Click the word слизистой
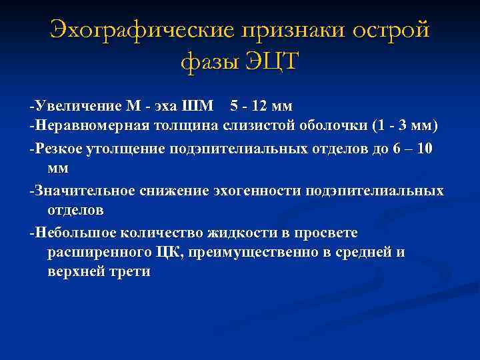[237, 127]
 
